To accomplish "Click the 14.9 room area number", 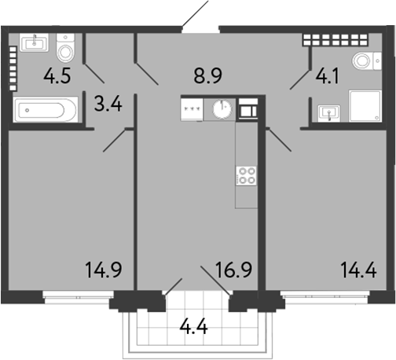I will pyautogui.click(x=102, y=272).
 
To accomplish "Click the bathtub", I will pyautogui.click(x=46, y=109).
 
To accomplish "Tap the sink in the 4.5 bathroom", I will pyautogui.click(x=34, y=42).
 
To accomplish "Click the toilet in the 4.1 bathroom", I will pyautogui.click(x=364, y=61).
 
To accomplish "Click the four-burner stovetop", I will pyautogui.click(x=246, y=176).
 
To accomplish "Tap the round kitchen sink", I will pyautogui.click(x=223, y=108).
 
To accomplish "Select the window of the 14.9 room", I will pyautogui.click(x=75, y=296).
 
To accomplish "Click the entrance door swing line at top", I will pyautogui.click(x=196, y=14).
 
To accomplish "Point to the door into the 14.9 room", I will pyautogui.click(x=114, y=139).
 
